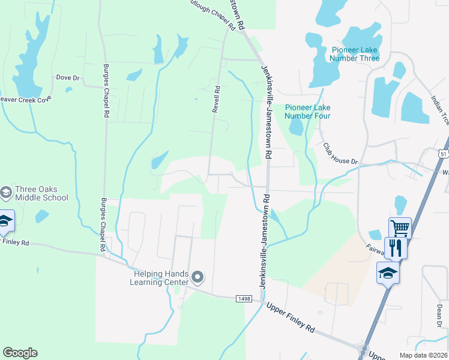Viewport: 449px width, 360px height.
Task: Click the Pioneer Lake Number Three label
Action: (x=354, y=54)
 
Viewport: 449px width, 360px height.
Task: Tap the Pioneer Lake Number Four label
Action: (x=307, y=112)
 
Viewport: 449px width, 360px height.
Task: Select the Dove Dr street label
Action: (x=67, y=78)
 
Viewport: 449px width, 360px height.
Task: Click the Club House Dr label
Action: (x=340, y=154)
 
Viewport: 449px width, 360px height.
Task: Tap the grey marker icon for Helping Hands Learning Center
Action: (x=198, y=277)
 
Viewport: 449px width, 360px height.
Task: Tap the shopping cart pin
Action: (x=400, y=227)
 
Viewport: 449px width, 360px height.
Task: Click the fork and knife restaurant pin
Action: (x=396, y=247)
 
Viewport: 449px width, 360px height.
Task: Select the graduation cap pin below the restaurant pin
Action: (x=388, y=274)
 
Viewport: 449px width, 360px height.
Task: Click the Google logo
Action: (x=20, y=353)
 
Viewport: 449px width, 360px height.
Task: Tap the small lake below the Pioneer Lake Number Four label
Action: (x=296, y=127)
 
